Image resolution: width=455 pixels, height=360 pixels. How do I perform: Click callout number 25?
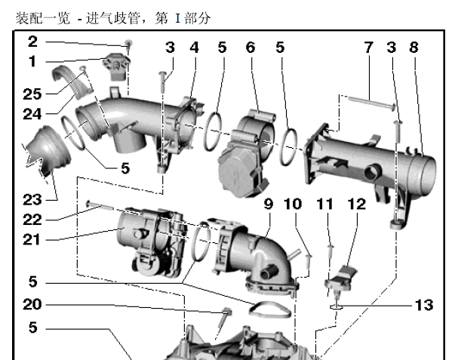click(32, 94)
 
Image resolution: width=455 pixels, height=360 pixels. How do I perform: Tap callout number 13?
click(424, 305)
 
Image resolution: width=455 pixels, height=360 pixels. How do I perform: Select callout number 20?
click(32, 305)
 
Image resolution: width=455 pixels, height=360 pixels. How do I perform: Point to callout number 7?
click(368, 48)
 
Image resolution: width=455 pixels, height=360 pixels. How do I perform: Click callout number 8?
click(413, 48)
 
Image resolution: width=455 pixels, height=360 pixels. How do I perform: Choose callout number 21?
click(32, 240)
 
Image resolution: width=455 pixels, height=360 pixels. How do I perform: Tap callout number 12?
click(357, 204)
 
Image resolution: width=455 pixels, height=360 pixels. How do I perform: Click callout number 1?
click(32, 62)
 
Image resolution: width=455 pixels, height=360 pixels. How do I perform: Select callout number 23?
click(32, 200)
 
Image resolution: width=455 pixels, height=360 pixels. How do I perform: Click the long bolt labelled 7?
click(371, 103)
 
